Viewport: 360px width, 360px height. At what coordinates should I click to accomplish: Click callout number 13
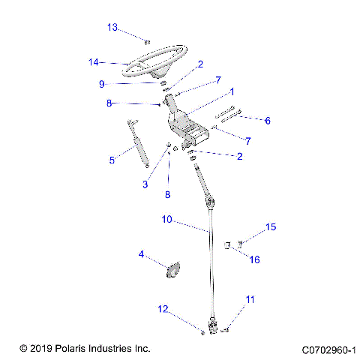coord(112,28)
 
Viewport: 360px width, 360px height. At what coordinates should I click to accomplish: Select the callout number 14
coord(94,62)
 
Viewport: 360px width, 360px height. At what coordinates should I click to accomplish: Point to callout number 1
coord(232,91)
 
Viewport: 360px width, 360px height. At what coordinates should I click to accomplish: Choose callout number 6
coord(268,120)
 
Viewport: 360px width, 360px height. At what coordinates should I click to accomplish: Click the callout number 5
coord(112,160)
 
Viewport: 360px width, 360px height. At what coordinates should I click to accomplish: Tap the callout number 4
coord(140,254)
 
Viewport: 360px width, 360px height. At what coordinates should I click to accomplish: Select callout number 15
coord(271,226)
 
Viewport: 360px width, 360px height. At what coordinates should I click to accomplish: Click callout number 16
coord(254,260)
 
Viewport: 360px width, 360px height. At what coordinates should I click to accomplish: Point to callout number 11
coord(250,299)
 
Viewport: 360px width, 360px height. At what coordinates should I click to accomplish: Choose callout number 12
coord(163,309)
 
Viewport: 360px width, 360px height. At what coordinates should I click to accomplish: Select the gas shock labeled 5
coord(137,146)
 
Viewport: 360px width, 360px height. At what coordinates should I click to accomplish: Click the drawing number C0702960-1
coord(328,349)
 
